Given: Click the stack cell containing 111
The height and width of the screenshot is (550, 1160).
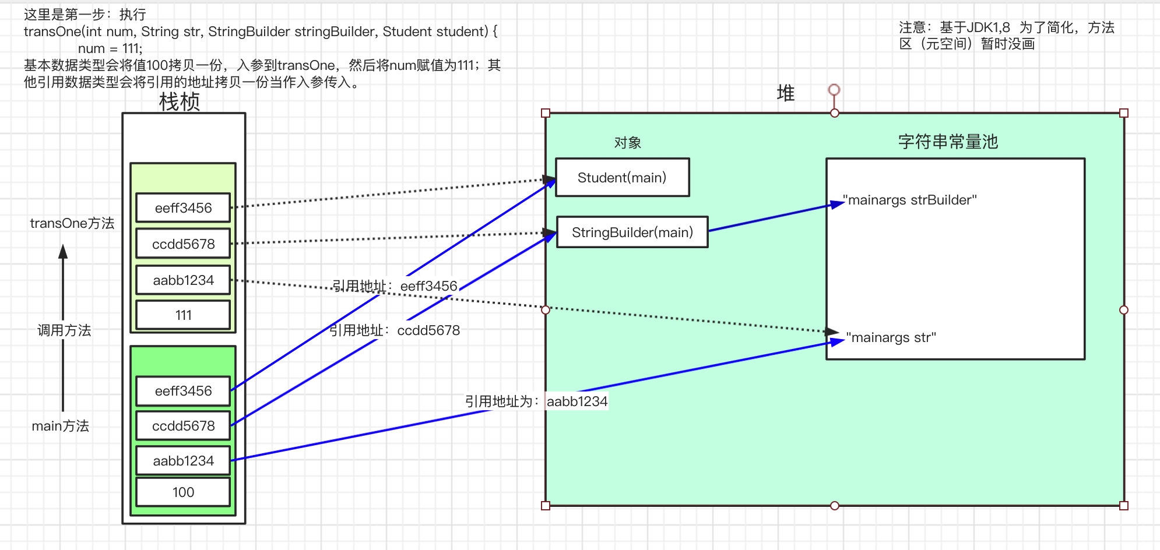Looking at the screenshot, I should coord(183,315).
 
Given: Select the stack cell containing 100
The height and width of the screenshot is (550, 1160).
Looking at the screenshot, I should coord(183,492).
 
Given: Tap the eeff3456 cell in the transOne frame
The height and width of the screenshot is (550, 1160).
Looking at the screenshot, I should coord(183,208).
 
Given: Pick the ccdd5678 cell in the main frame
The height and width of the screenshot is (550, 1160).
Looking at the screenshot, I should coord(183,426).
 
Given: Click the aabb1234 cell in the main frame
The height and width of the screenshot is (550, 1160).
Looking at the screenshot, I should coord(183,461).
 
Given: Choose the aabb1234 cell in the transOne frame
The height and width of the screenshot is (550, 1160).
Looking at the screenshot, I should coord(183,280).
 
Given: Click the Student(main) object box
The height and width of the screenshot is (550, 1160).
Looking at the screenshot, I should coord(622,178).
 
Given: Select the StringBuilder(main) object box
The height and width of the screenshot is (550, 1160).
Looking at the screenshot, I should coord(632,232).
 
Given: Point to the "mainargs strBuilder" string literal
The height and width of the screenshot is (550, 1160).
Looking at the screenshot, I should coord(910,200).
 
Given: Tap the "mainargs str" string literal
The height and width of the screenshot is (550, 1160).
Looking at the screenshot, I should coord(891,338).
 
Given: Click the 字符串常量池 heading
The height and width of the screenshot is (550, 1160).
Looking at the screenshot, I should coord(948,142).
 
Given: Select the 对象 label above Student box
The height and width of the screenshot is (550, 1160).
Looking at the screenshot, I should coord(627,143).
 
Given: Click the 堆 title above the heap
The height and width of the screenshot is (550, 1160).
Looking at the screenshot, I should coord(785,93).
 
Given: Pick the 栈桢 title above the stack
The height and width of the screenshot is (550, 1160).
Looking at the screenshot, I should coord(180,102).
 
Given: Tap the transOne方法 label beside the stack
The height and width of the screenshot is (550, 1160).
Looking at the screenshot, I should coord(72,223).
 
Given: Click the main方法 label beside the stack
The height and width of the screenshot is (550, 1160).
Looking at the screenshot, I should coord(61,426).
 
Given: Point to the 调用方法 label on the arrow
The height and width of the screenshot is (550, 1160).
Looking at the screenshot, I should coord(64,330).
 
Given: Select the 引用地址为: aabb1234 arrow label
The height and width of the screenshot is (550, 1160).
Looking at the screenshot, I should coord(536,401).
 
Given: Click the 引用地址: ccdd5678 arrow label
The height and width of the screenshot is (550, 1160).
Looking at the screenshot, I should coord(395,330).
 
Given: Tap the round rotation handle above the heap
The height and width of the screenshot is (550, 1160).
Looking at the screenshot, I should coord(834,89).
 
